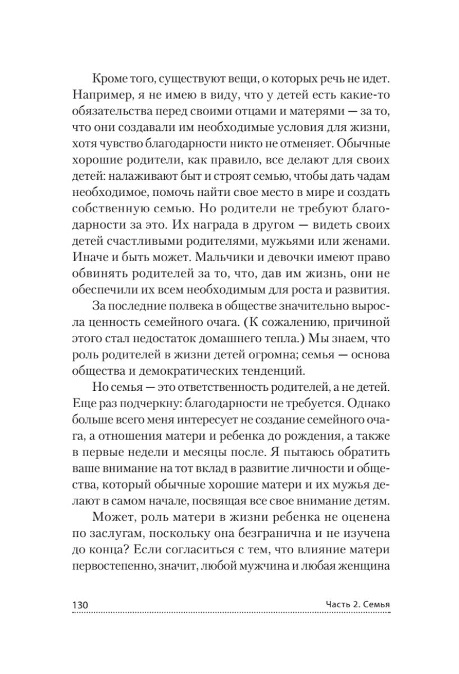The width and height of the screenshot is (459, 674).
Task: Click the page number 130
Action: click(79, 604)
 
